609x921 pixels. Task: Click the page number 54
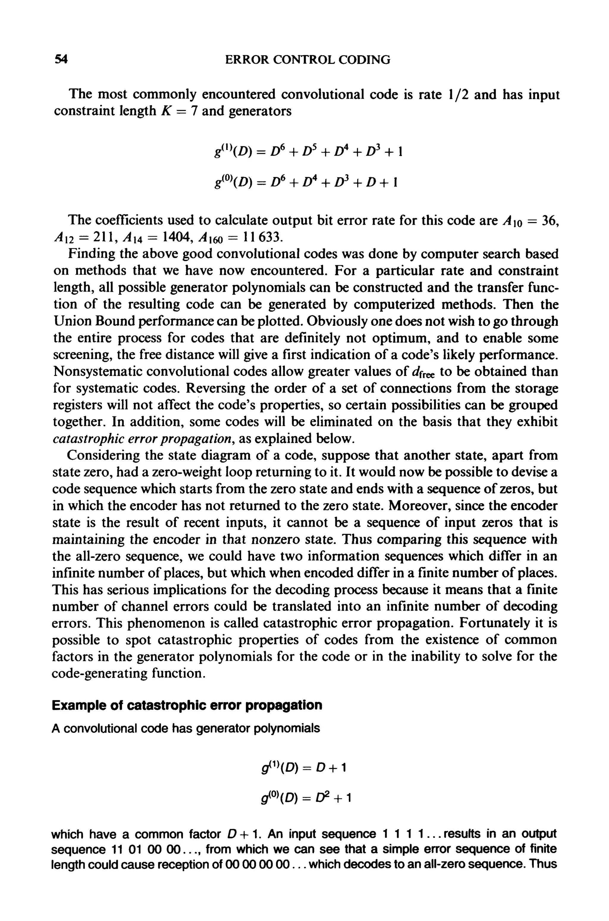[61, 60]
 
